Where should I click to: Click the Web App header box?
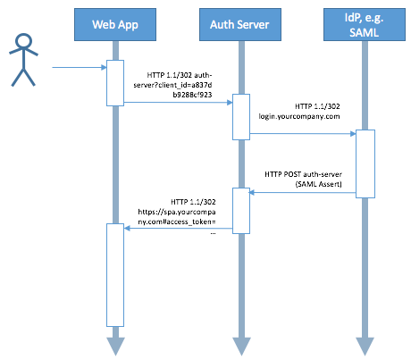pyautogui.click(x=115, y=24)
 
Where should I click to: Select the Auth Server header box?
pyautogui.click(x=240, y=24)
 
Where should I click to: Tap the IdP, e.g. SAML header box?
pyautogui.click(x=365, y=24)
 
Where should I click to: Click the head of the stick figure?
pyautogui.click(x=23, y=41)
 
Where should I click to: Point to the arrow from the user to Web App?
pyautogui.click(x=80, y=67)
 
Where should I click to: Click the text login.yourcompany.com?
pyautogui.click(x=299, y=116)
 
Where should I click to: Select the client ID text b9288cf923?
pyautogui.click(x=192, y=95)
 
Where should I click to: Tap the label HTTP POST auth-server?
pyautogui.click(x=303, y=174)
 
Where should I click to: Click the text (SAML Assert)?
pyautogui.click(x=318, y=184)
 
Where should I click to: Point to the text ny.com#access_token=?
pyautogui.click(x=177, y=222)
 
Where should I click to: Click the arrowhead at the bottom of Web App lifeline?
pyautogui.click(x=115, y=347)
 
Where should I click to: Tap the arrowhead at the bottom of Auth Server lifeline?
pyautogui.click(x=241, y=347)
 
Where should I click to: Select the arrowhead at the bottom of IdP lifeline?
pyautogui.click(x=365, y=347)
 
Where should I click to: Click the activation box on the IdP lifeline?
pyautogui.click(x=365, y=163)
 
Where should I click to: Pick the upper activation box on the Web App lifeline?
pyautogui.click(x=115, y=83)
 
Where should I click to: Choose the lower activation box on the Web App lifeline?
pyautogui.click(x=115, y=275)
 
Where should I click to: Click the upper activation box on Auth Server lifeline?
pyautogui.click(x=241, y=117)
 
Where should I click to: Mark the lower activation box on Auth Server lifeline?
pyautogui.click(x=241, y=211)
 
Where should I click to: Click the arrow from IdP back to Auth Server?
pyautogui.click(x=302, y=193)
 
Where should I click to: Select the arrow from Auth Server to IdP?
pyautogui.click(x=303, y=134)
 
